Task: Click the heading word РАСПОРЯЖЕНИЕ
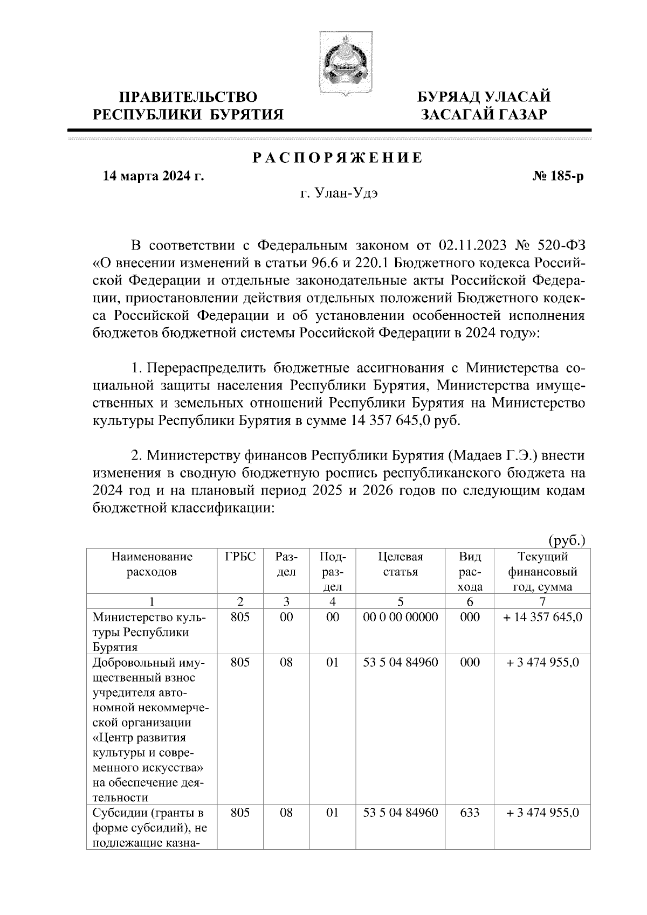[x=338, y=158]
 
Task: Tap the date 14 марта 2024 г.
[x=154, y=177]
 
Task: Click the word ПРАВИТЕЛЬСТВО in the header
[x=188, y=97]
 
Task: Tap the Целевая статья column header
[x=401, y=564]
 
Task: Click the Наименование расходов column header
[x=152, y=564]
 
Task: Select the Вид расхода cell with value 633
[x=470, y=812]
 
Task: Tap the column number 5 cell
[x=401, y=601]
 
